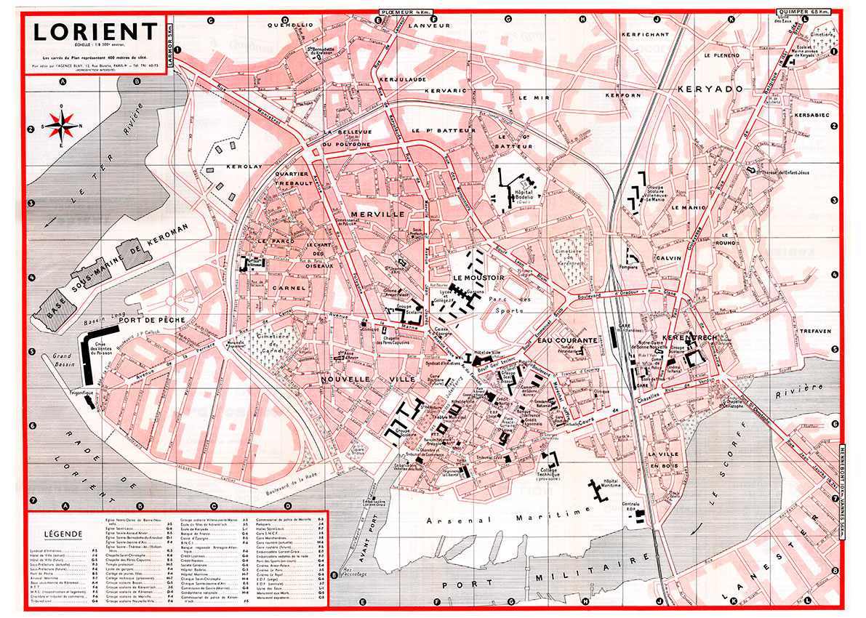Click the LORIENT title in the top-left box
click(95, 33)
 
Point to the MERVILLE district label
click(377, 214)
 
